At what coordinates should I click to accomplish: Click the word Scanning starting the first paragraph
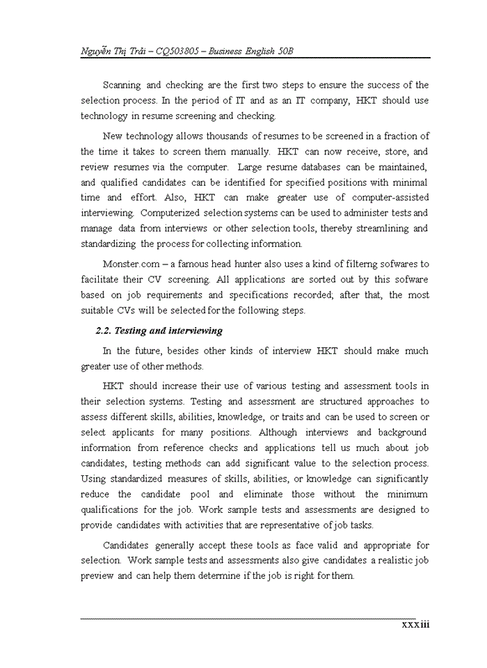pyautogui.click(x=122, y=85)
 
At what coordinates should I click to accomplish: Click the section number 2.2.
pyautogui.click(x=104, y=331)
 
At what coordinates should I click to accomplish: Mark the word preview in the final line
pyautogui.click(x=97, y=576)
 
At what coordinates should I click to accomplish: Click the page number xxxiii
pyautogui.click(x=415, y=624)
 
